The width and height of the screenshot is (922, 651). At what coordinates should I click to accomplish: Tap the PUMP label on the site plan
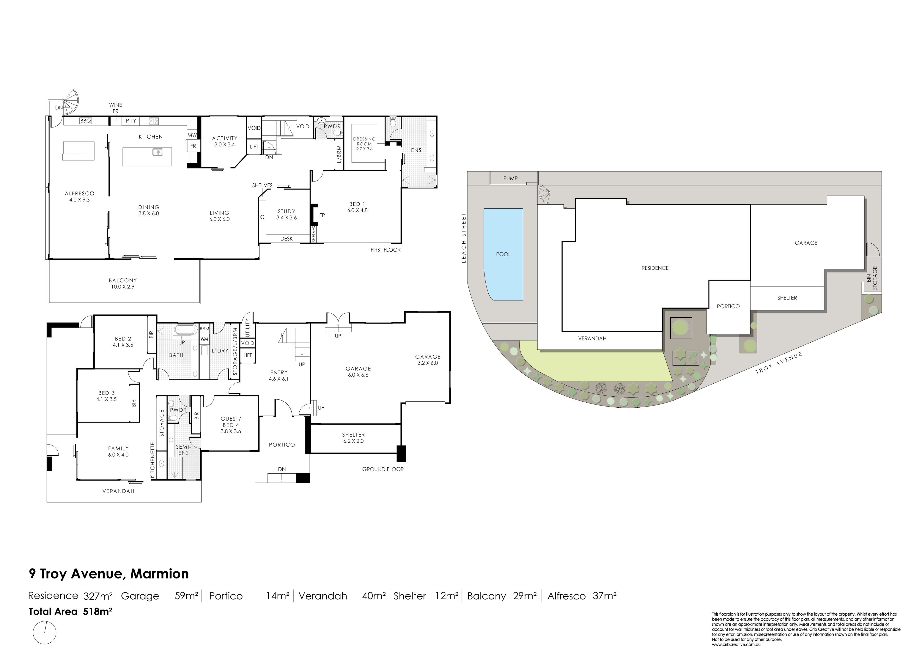point(510,178)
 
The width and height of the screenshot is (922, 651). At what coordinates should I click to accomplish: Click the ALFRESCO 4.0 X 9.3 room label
point(79,197)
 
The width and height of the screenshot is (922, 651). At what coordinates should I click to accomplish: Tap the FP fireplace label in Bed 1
point(322,215)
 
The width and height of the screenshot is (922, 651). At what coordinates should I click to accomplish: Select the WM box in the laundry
point(204,339)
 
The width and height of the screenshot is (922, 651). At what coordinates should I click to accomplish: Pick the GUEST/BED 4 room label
point(230,425)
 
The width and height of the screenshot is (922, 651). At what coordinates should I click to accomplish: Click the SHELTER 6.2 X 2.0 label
point(353,438)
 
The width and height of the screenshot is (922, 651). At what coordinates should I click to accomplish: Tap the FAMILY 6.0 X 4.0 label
point(118,452)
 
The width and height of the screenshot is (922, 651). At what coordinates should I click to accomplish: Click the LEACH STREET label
point(464,238)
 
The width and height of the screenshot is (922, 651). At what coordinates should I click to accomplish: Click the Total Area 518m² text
point(70,612)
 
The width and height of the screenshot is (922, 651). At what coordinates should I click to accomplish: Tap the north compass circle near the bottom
point(45,633)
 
